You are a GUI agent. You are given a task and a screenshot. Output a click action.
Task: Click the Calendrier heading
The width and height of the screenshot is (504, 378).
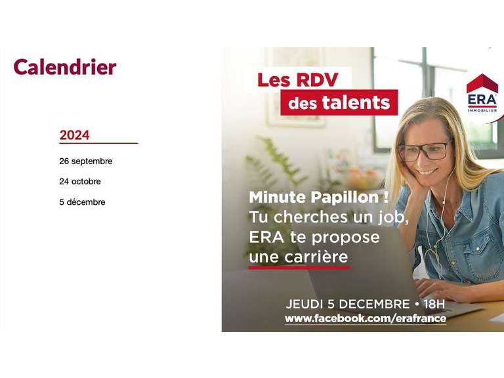pyautogui.click(x=64, y=67)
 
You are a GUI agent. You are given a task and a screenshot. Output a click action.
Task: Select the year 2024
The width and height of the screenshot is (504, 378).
pyautogui.click(x=74, y=135)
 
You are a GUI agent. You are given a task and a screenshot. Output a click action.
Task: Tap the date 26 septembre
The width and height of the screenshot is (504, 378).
pyautogui.click(x=85, y=161)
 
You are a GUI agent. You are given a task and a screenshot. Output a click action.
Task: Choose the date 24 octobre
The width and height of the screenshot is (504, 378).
pyautogui.click(x=80, y=181)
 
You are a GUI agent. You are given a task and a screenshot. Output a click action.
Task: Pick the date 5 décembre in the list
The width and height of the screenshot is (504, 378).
pyautogui.click(x=82, y=202)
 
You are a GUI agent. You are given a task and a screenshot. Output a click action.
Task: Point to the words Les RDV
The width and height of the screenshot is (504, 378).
pyautogui.click(x=297, y=80)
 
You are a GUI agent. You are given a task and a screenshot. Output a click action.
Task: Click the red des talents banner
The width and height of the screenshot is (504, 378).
pyautogui.click(x=339, y=102)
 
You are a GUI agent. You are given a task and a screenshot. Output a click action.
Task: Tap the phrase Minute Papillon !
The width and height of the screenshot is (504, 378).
pyautogui.click(x=318, y=197)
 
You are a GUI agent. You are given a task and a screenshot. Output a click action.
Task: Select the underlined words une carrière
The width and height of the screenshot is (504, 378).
pyautogui.click(x=299, y=256)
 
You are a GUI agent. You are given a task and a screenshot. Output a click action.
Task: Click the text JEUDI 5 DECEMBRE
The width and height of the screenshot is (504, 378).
pyautogui.click(x=347, y=304)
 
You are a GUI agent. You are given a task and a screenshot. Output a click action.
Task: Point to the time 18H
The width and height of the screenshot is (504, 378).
pyautogui.click(x=434, y=304)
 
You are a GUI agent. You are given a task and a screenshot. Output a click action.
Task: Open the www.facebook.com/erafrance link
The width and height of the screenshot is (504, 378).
pyautogui.click(x=365, y=319)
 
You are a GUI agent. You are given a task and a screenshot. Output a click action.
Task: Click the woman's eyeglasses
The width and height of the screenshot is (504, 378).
pyautogui.click(x=425, y=150)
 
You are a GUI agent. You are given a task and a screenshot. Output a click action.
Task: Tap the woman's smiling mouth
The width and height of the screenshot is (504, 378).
pyautogui.click(x=429, y=172)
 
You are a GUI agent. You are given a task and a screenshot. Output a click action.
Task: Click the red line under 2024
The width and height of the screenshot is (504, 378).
pyautogui.click(x=98, y=143)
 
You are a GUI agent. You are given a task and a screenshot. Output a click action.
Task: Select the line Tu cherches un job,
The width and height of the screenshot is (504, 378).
pyautogui.click(x=329, y=217)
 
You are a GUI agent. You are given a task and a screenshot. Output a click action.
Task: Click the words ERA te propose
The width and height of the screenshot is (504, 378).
pyautogui.click(x=314, y=237)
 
